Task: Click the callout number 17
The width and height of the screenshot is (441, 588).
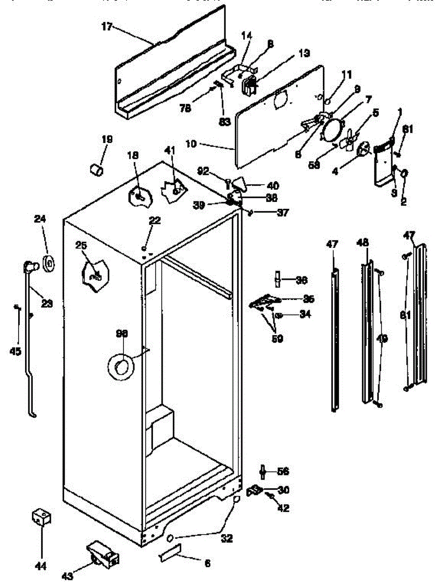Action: [x=107, y=27]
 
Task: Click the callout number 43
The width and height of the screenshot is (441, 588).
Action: [x=68, y=576]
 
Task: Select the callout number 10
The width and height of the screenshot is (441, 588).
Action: [x=192, y=144]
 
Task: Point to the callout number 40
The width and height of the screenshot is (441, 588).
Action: [x=273, y=186]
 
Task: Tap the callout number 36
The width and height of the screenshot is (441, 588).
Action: [x=301, y=280]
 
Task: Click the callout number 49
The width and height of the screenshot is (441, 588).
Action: [x=382, y=338]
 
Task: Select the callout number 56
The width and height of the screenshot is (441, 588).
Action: [x=282, y=471]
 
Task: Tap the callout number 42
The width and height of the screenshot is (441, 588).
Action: [x=283, y=508]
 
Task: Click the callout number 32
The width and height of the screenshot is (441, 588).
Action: [x=226, y=539]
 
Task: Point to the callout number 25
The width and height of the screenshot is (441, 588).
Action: [x=81, y=245]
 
